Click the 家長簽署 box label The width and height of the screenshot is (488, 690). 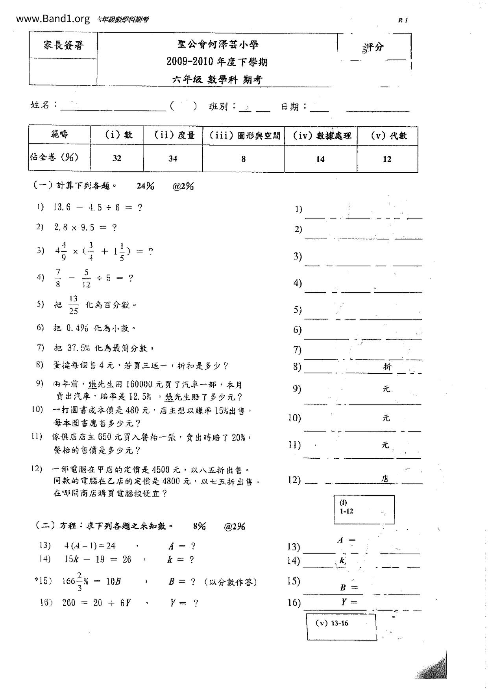click(63, 45)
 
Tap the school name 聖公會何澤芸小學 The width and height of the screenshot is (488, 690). click(218, 45)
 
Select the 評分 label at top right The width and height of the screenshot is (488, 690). click(373, 47)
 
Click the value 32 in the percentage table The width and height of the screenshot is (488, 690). click(117, 158)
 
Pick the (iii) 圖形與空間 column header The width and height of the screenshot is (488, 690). click(244, 136)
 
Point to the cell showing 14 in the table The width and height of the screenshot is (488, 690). click(320, 159)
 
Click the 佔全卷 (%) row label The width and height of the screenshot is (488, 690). click(54, 157)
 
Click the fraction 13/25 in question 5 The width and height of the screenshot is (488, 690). click(74, 305)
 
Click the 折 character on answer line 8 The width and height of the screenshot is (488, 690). click(387, 367)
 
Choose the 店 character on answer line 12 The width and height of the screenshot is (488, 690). click(385, 479)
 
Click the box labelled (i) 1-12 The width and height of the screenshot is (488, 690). click(364, 509)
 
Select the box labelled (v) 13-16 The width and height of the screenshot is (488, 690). click(341, 627)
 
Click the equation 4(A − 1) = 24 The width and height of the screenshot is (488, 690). click(90, 546)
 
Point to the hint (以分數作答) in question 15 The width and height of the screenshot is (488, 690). click(230, 582)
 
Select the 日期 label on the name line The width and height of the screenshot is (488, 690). click(290, 107)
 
